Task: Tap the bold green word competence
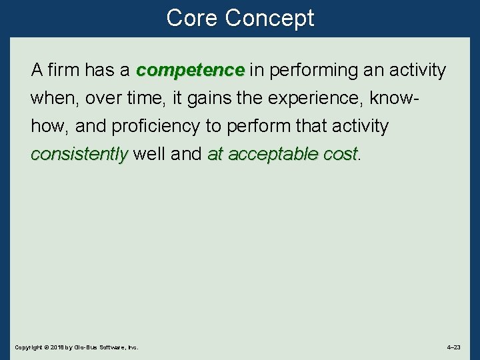coord(191,70)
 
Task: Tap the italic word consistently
coord(79,154)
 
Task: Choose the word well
coord(149,154)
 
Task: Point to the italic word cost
coord(341,154)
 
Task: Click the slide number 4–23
coord(453,347)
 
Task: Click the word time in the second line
coord(146,98)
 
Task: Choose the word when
coord(53,98)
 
